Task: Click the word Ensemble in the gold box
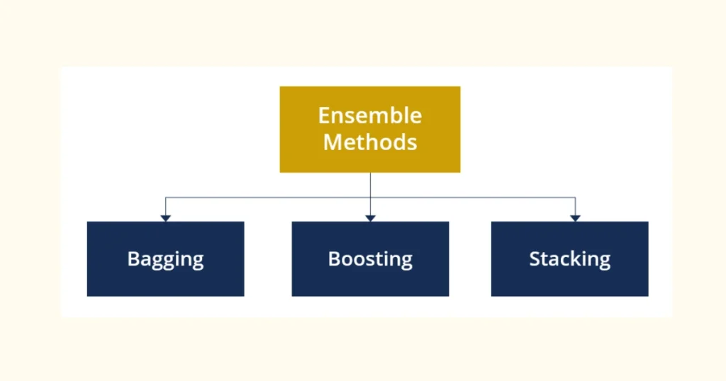click(369, 115)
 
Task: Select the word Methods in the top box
click(369, 142)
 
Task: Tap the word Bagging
click(165, 259)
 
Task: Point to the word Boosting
click(370, 259)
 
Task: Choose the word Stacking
click(569, 259)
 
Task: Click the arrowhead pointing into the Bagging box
click(165, 217)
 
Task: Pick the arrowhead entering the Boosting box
click(370, 217)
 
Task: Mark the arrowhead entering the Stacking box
click(575, 217)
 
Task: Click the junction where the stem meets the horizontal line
click(370, 198)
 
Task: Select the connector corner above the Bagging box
click(165, 198)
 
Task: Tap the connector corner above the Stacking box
click(575, 198)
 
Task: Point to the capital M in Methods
click(333, 142)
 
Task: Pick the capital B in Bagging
click(133, 258)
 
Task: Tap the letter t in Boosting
click(376, 259)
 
